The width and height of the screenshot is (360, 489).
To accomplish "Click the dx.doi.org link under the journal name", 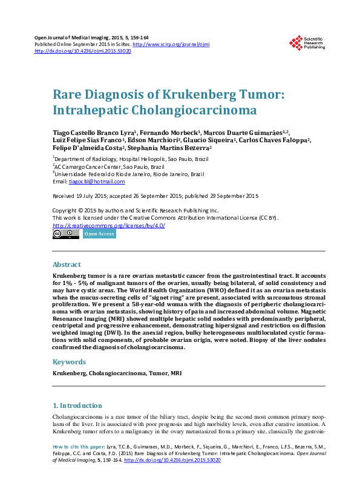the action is pos(83,51).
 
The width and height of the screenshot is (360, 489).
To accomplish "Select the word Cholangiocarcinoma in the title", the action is pos(189,111).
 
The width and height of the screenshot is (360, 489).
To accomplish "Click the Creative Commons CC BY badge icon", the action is pos(65,234).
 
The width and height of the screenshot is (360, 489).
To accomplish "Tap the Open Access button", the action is pos(99,234).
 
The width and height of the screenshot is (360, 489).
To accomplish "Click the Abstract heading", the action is pos(67,264).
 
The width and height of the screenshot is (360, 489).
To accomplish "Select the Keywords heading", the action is pos(69,362).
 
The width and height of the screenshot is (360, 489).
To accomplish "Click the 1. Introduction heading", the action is pos(77,405).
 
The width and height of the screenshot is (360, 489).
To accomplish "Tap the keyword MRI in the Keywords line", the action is pos(176,373).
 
